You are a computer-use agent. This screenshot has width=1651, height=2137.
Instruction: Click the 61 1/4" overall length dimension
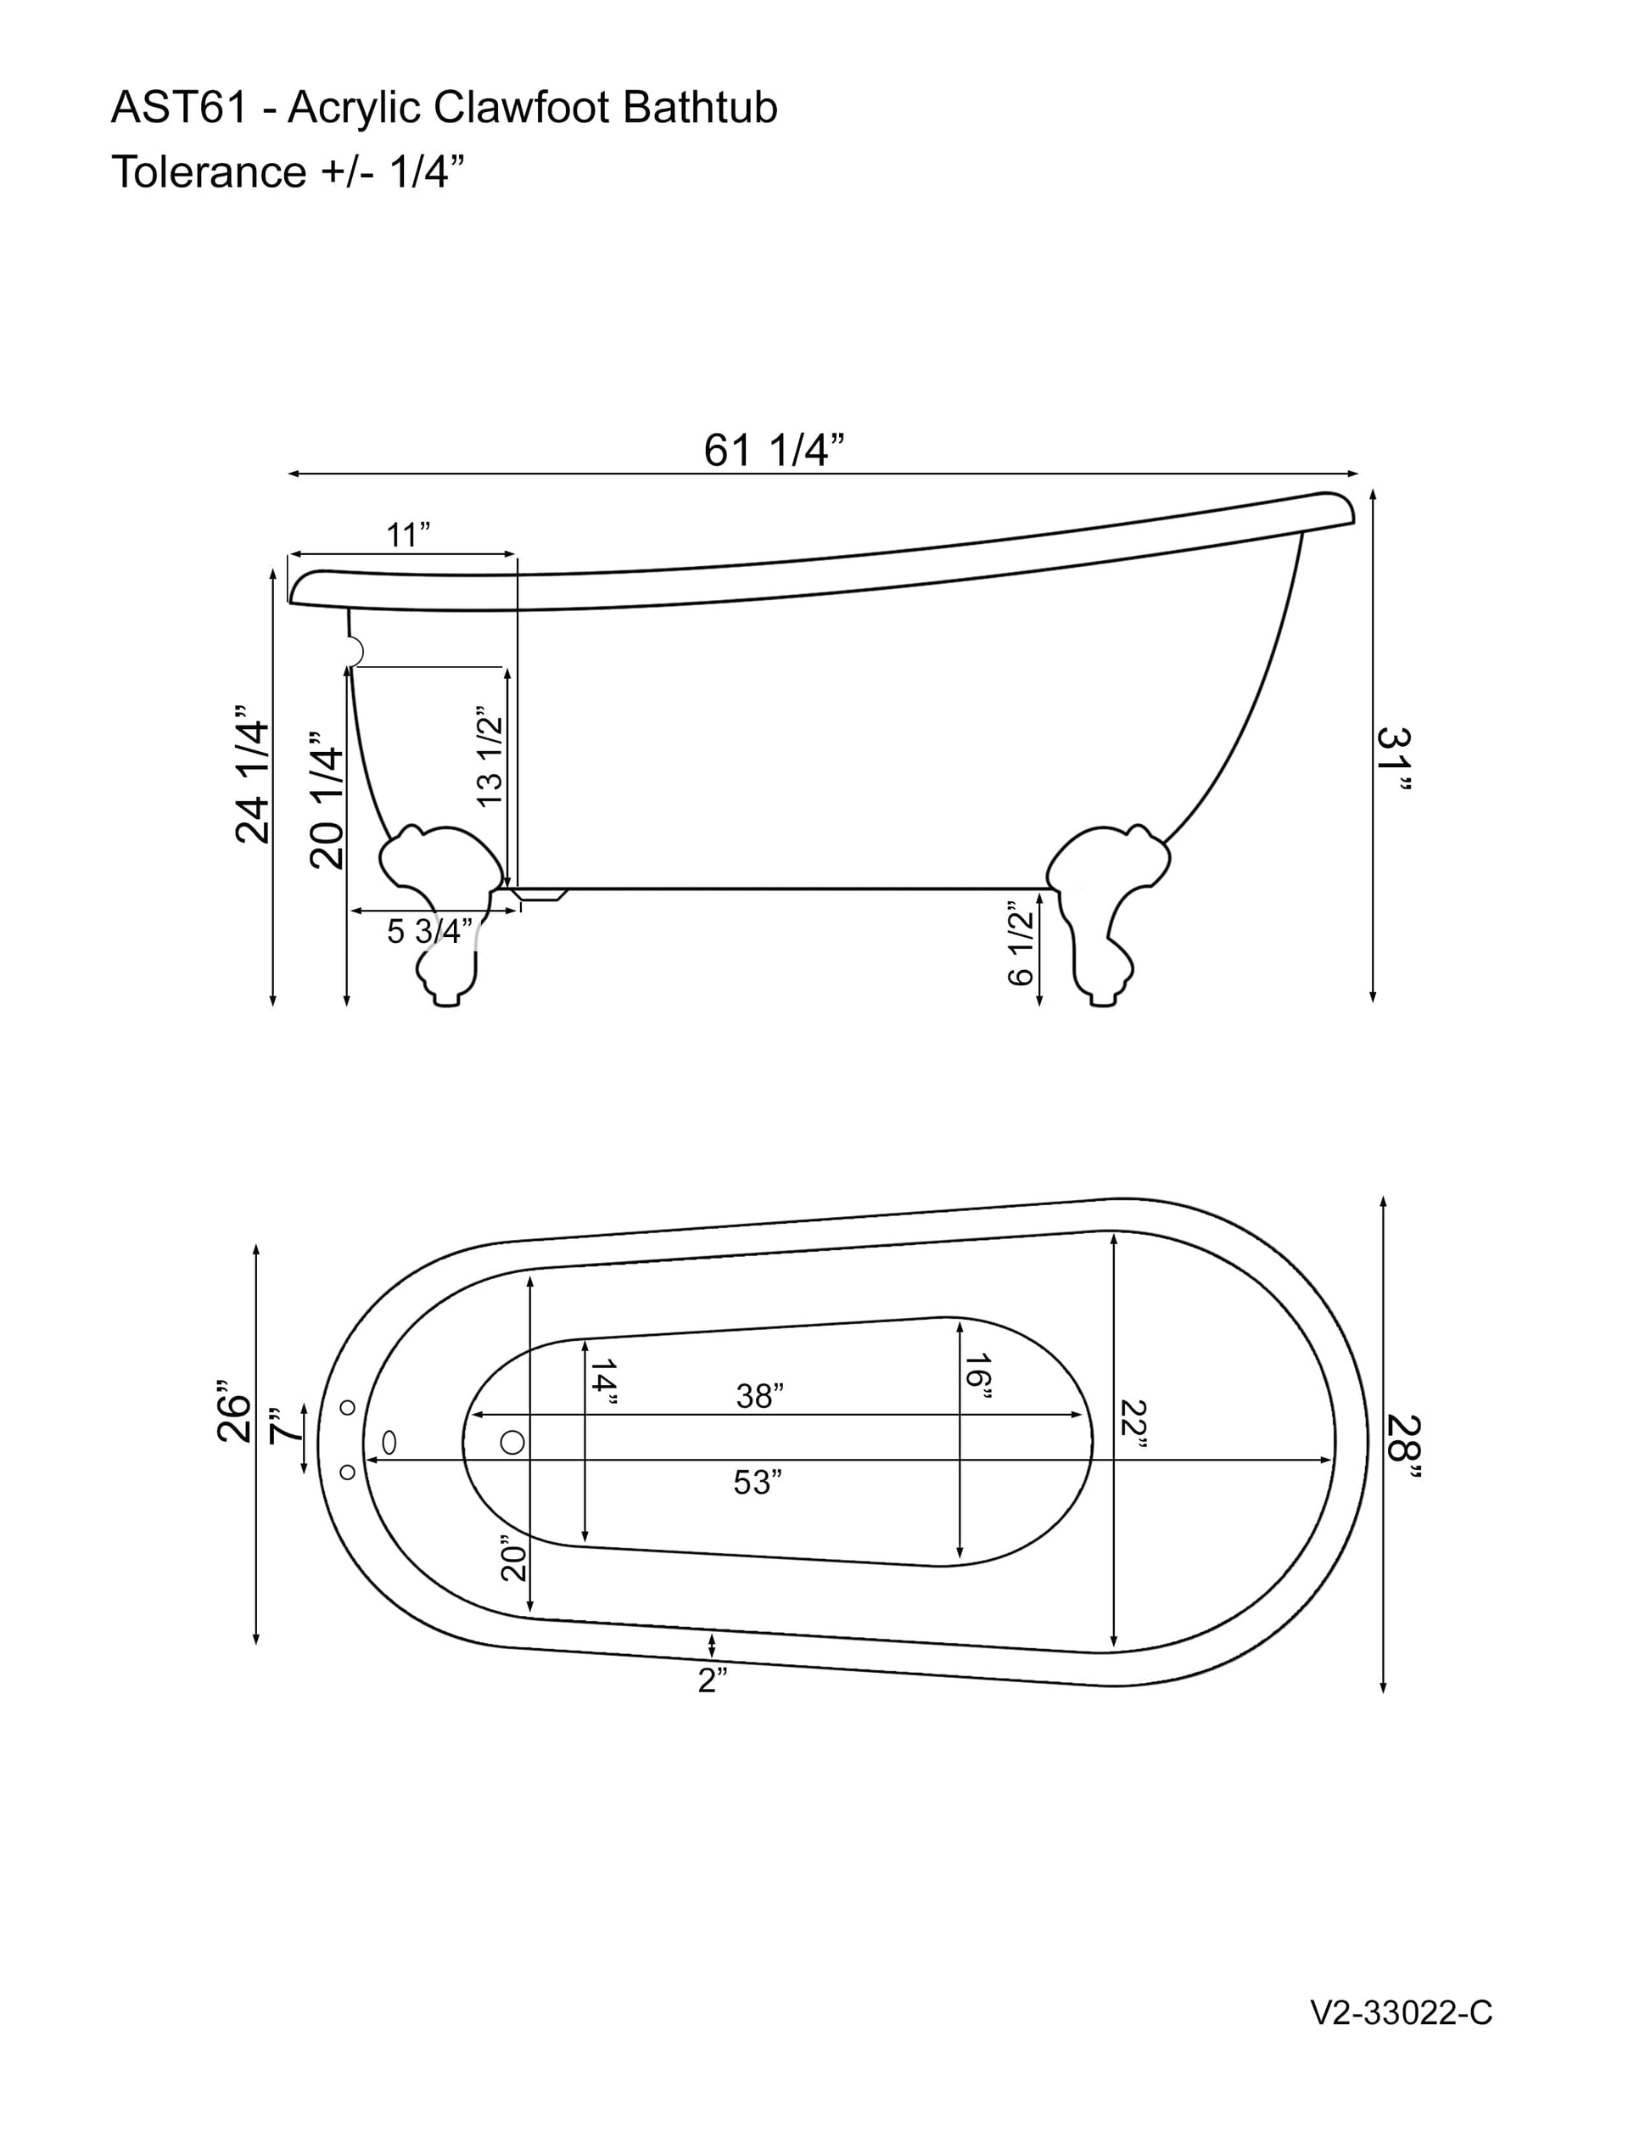click(x=774, y=452)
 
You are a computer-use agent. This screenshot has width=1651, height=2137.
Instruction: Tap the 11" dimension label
click(x=408, y=536)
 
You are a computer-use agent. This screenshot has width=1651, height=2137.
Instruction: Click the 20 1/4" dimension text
click(x=327, y=799)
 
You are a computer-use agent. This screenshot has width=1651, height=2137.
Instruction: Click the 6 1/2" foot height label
click(x=1020, y=943)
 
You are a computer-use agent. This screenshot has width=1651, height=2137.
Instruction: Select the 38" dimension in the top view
click(x=760, y=1396)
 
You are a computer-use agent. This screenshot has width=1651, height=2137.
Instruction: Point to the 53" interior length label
click(x=758, y=1483)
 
